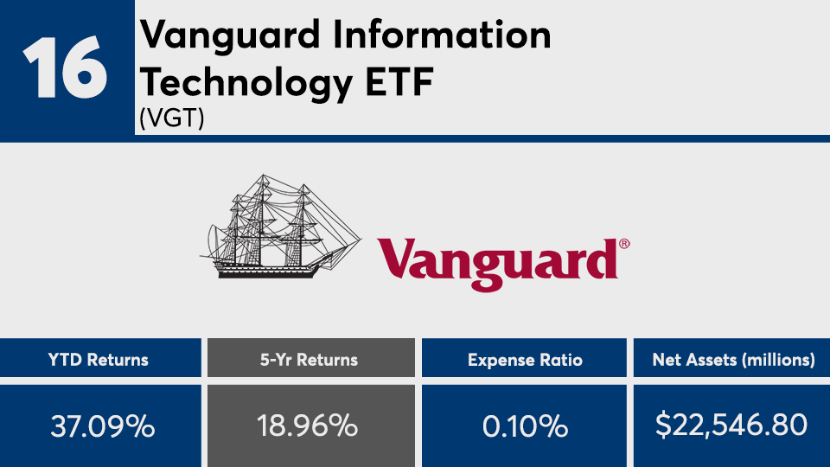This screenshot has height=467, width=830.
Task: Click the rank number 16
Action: click(x=65, y=67)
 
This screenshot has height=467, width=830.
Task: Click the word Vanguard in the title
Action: click(x=230, y=35)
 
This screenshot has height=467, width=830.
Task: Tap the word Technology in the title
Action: click(x=246, y=83)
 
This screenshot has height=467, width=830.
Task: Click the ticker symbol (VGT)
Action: click(x=172, y=118)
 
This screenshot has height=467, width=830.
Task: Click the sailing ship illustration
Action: click(x=280, y=226)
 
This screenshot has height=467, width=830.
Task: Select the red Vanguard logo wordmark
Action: click(x=498, y=264)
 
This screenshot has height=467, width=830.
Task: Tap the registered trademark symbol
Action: click(x=624, y=244)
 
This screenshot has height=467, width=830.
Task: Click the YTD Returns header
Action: click(x=99, y=360)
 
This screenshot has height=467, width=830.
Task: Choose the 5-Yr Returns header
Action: click(x=310, y=360)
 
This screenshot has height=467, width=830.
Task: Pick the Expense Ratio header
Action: click(x=525, y=360)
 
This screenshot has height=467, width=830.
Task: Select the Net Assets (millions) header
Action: click(x=734, y=360)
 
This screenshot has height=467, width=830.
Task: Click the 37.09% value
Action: click(x=103, y=426)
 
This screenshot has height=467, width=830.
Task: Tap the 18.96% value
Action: click(x=308, y=425)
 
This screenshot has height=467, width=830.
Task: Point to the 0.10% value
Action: click(x=525, y=426)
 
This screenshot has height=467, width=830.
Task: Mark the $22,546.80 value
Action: click(x=731, y=425)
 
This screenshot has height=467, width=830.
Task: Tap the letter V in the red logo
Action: click(x=397, y=258)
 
